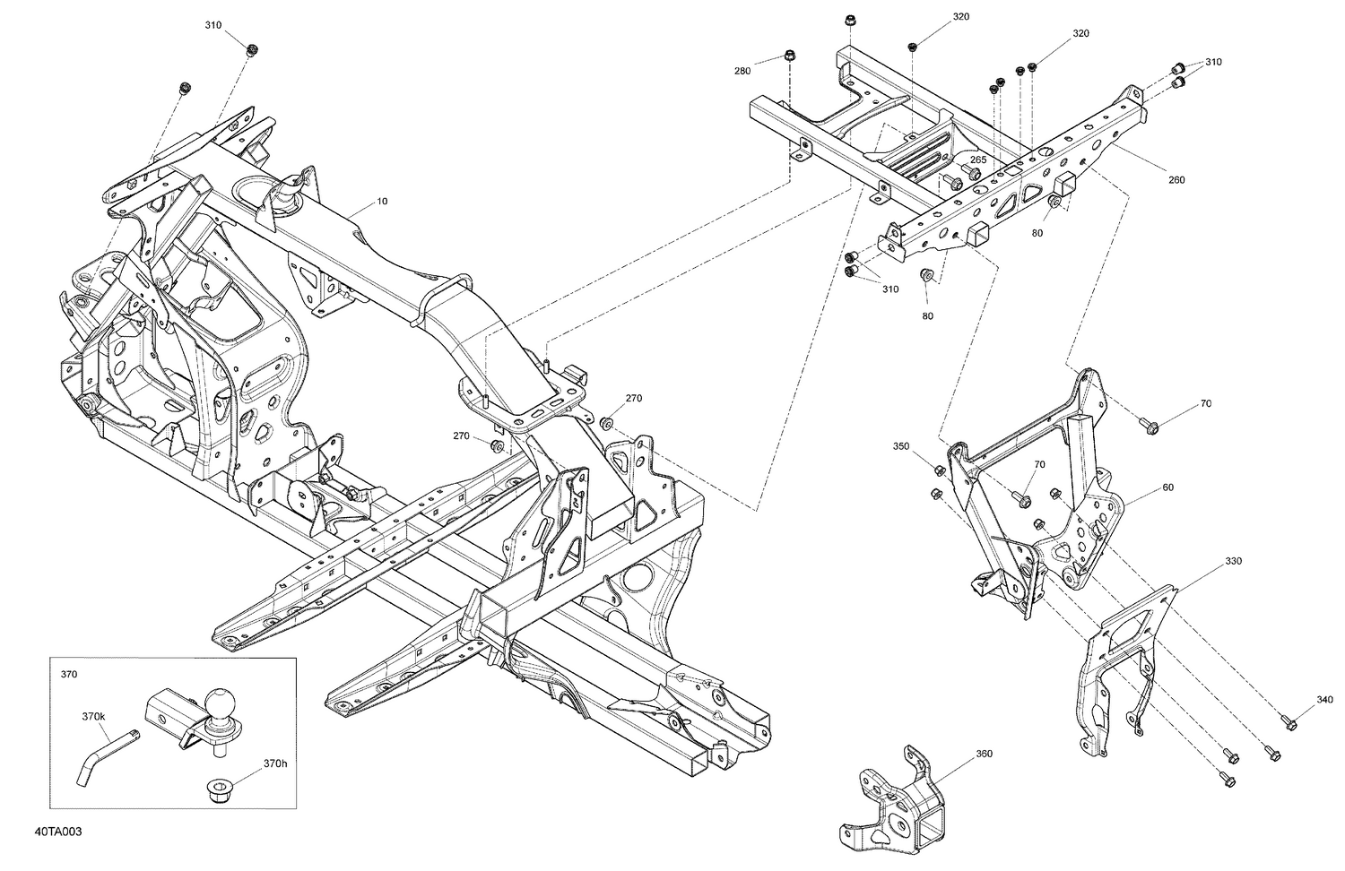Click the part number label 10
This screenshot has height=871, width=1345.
(x=382, y=202)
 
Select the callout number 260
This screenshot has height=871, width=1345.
(x=1176, y=180)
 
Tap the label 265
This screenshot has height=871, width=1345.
(x=978, y=160)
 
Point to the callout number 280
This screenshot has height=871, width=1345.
(x=742, y=71)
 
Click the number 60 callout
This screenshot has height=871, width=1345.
(x=1167, y=488)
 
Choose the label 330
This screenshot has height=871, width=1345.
(x=1234, y=562)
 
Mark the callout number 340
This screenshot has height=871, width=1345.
(x=1325, y=700)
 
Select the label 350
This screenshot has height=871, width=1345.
(x=901, y=445)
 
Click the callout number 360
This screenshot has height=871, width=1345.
(x=984, y=754)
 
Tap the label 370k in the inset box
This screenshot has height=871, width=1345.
(x=93, y=717)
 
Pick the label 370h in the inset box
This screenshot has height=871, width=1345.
(x=275, y=763)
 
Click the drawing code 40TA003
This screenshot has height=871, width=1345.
(x=59, y=832)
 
